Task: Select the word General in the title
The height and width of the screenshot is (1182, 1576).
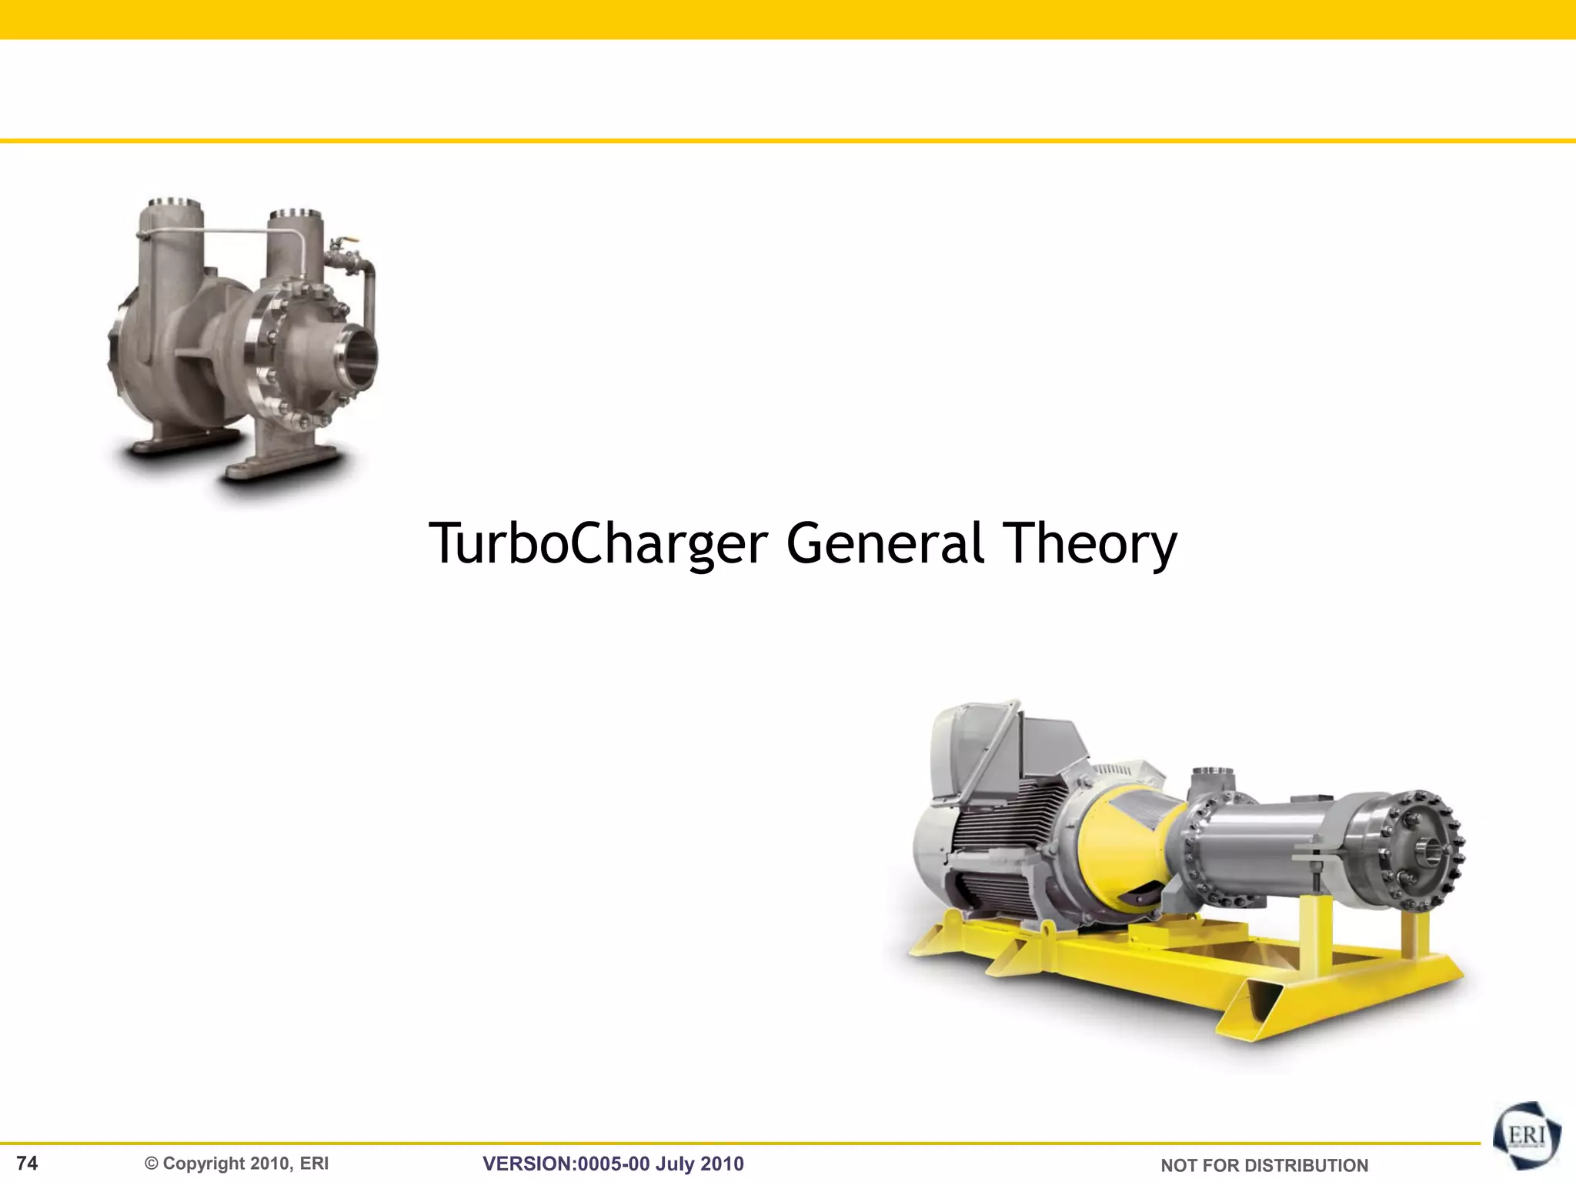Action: (x=885, y=543)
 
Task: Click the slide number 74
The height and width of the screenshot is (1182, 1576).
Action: (x=27, y=1163)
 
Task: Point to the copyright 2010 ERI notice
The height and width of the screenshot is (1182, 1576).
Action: (x=237, y=1164)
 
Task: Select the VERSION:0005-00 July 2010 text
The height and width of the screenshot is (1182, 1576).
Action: (x=613, y=1164)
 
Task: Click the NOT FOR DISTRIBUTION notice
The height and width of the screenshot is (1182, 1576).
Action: (x=1264, y=1166)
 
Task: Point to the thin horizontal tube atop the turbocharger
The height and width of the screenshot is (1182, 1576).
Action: (x=231, y=231)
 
